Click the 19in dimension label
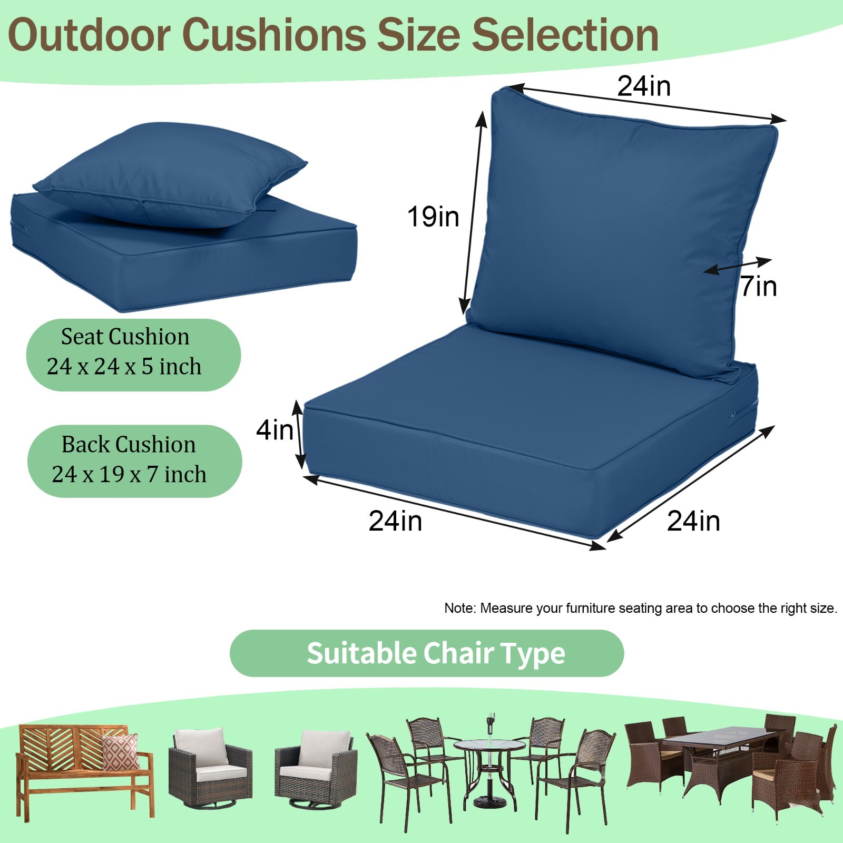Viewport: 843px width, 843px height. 433,217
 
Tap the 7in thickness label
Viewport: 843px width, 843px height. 759,287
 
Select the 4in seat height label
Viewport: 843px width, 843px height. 274,430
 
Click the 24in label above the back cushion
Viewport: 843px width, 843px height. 644,86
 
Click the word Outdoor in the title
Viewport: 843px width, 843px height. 90,35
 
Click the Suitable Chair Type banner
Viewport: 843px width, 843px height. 427,653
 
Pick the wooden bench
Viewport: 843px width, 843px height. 84,769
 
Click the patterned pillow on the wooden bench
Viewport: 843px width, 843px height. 121,751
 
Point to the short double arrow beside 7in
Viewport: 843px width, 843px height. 738,266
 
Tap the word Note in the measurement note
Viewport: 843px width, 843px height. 459,609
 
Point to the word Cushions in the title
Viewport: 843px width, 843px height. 274,35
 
